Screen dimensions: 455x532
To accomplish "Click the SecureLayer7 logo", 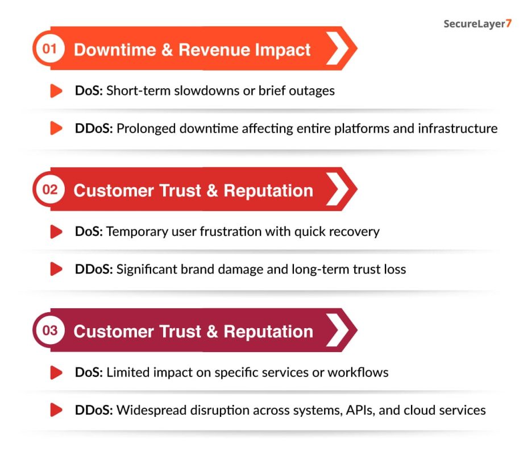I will (x=477, y=24).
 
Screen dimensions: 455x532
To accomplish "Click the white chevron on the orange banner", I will (x=337, y=48).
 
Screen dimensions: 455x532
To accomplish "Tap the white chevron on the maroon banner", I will (x=337, y=330).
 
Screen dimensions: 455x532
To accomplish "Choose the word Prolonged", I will (x=146, y=128).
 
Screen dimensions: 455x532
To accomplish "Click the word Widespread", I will (x=149, y=410).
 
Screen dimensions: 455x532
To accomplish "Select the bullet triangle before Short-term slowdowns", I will (x=56, y=90).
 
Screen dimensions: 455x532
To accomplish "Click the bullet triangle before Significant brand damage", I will (x=56, y=269).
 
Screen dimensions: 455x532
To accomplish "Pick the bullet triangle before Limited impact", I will (x=56, y=373).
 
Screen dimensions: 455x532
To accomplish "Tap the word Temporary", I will (x=134, y=231).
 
